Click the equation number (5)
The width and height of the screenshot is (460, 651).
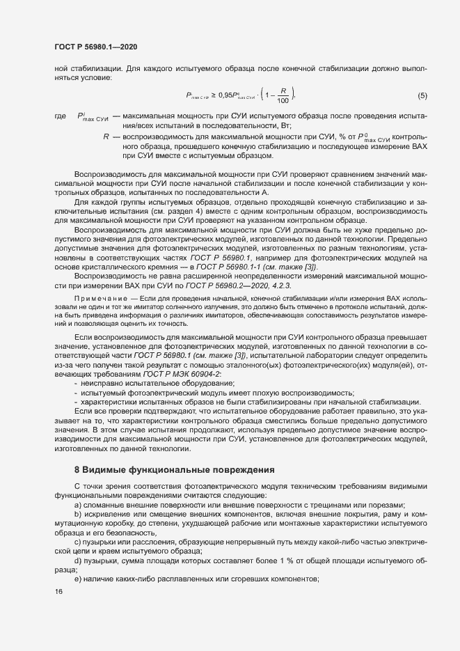[422, 95]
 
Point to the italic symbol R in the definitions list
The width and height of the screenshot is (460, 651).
[106, 137]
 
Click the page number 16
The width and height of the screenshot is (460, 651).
[58, 591]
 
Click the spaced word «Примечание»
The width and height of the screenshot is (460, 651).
[98, 298]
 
